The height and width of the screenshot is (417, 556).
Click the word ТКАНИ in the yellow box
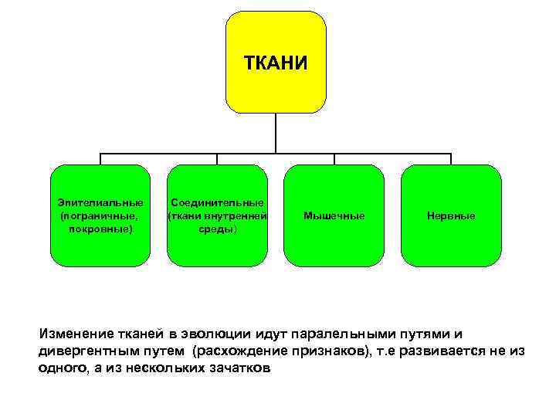[276, 62]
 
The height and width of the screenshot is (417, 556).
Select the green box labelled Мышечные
[334, 215]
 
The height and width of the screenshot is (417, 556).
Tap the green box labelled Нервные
[451, 215]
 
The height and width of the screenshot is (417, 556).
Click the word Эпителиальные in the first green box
[100, 202]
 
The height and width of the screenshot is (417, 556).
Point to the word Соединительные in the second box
[218, 202]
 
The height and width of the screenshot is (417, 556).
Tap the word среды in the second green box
[218, 229]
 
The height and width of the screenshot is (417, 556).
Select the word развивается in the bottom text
[442, 351]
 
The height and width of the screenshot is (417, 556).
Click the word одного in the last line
[59, 368]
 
